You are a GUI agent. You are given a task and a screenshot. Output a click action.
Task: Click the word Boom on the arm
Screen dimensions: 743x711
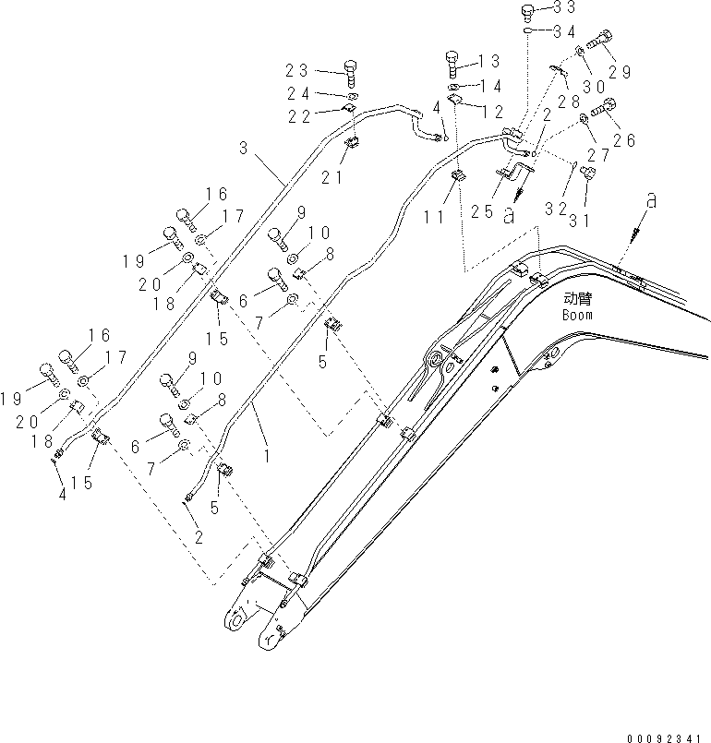tap(577, 315)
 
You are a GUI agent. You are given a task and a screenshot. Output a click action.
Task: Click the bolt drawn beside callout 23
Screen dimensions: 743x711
tap(350, 69)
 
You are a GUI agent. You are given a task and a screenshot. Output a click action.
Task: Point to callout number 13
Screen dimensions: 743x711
tap(488, 61)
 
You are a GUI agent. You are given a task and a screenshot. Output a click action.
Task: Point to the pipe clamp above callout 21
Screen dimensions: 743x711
tap(353, 142)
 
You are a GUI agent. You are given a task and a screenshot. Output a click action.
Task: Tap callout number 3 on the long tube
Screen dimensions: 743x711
tap(243, 147)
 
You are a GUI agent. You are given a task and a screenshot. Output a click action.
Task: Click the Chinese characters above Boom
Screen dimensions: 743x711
tap(577, 299)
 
